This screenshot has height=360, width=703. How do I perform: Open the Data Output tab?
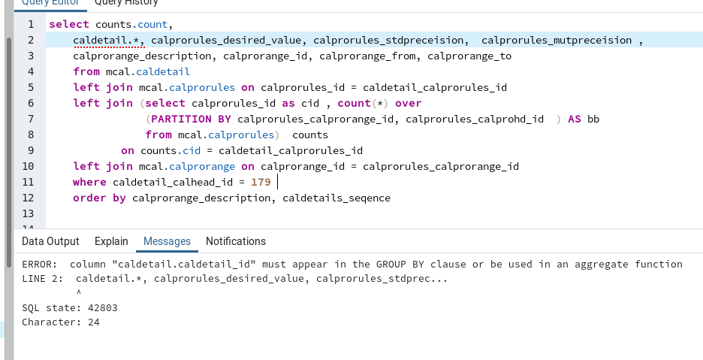50,241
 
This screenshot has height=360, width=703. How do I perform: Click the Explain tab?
111,241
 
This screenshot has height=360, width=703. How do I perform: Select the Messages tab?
167,241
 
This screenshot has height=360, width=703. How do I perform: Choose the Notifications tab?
236,241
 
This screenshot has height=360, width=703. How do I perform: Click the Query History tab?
126,2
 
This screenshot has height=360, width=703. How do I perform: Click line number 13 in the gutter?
28,213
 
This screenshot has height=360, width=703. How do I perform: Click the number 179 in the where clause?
261,182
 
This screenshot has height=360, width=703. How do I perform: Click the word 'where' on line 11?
89,182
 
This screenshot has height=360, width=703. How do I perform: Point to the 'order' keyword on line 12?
89,198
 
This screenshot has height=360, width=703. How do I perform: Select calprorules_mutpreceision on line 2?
557,41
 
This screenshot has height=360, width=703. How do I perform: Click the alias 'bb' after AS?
593,119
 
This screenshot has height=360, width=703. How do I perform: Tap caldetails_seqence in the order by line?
336,198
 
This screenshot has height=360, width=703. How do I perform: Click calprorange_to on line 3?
469,56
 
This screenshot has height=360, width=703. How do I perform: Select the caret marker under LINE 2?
78,292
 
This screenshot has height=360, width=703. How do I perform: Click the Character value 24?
94,322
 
